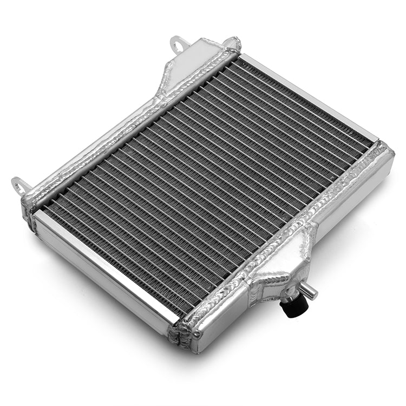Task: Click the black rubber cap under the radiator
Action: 293,306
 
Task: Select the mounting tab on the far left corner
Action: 21,185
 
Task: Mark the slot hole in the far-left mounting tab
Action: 19,184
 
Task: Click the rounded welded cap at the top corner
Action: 233,44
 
